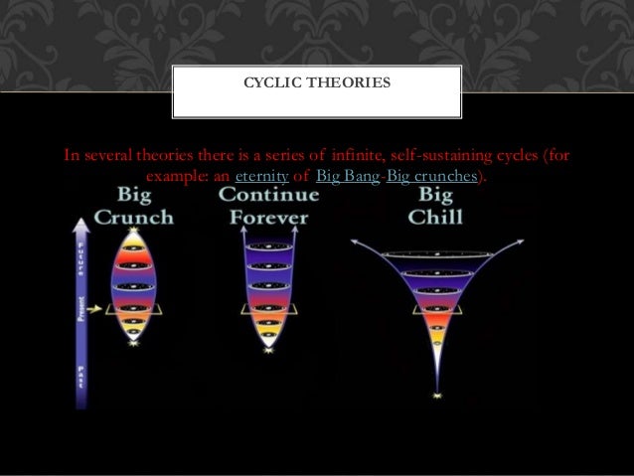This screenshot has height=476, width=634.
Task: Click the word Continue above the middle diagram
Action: pos(269,195)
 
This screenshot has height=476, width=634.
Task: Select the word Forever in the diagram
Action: pos(268,216)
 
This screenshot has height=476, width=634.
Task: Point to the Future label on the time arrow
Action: pos(80,264)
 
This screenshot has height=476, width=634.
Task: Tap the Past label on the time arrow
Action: pos(80,379)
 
